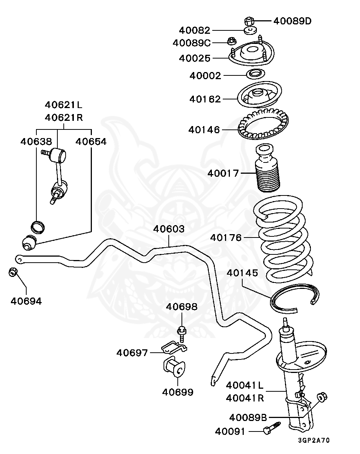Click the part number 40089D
click(x=292, y=21)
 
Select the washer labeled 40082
click(x=250, y=30)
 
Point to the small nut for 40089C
click(x=231, y=40)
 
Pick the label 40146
click(x=204, y=130)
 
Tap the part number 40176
click(x=226, y=238)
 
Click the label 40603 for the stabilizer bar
click(x=169, y=229)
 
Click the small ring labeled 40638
click(x=37, y=226)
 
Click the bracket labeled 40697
click(x=174, y=348)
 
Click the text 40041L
click(x=245, y=385)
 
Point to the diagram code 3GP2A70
click(x=314, y=440)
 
